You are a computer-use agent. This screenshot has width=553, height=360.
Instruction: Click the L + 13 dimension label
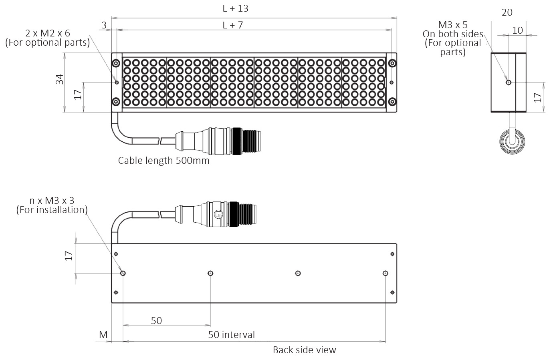pos(235,8)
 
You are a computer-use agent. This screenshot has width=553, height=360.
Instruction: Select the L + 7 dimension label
pos(233,25)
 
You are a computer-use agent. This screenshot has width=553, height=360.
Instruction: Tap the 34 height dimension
pos(60,79)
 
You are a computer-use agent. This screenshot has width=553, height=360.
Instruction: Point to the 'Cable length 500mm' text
pos(163,161)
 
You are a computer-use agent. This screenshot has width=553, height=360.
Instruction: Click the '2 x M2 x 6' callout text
pos(47,33)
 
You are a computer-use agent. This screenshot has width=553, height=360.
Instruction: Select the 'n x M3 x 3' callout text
pos(52,200)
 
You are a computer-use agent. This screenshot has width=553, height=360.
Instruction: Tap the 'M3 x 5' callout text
pos(453,25)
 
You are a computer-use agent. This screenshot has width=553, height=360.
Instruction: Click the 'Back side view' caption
pos(304,350)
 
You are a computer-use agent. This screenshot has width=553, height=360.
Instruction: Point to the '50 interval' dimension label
pos(231,334)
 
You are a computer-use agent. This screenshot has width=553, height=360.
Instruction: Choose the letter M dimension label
pos(103,334)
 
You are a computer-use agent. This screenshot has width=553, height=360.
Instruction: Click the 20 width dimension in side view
pos(507,12)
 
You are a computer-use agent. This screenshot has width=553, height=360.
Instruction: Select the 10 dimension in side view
pos(517,30)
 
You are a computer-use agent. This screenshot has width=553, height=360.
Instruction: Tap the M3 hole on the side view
pos(509,82)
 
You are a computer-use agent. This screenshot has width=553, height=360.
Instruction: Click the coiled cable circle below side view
pos(512,142)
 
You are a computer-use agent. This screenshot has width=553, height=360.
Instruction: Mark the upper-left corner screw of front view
pos(116,63)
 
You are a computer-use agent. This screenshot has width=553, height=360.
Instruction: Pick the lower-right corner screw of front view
pos(392,101)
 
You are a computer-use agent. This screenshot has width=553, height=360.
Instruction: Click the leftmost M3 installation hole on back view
pos(123,273)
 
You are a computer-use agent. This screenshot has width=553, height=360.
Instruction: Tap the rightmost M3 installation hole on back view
pos(385,273)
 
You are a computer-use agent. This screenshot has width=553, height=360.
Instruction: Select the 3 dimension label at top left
pos(104,25)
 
